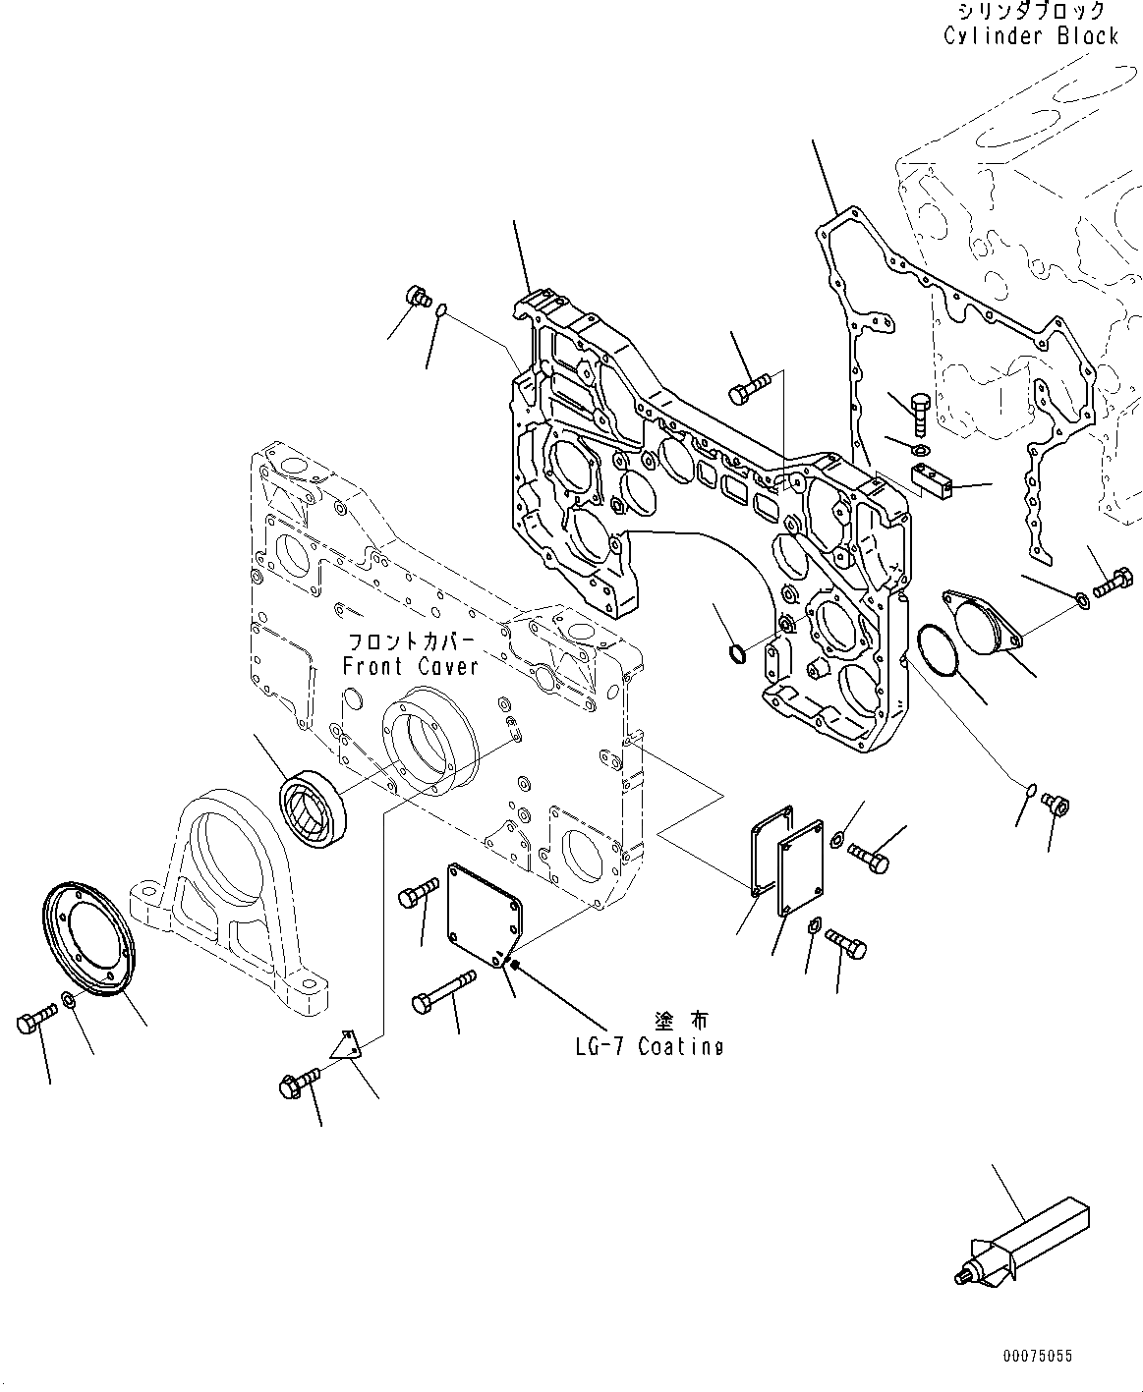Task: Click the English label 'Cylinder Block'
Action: (x=1030, y=36)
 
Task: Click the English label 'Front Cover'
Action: (x=410, y=666)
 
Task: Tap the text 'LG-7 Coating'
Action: (x=649, y=1047)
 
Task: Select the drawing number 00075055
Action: (x=1038, y=1357)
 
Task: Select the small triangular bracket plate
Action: (x=347, y=1045)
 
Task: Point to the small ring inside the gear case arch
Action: (x=735, y=653)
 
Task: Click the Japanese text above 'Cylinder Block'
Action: (x=1030, y=12)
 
